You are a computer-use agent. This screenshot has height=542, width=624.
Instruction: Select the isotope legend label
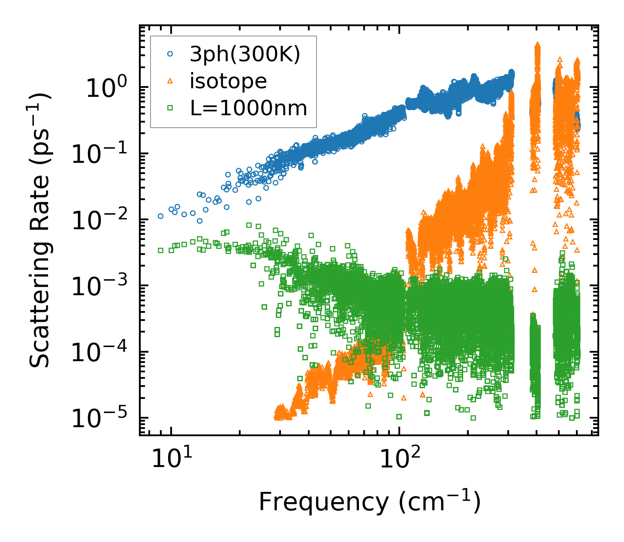click(228, 81)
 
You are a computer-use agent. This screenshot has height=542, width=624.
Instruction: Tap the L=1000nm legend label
click(249, 108)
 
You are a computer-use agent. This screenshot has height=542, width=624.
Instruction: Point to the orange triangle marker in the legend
click(170, 81)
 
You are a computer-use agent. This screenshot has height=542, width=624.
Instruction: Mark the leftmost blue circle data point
click(160, 216)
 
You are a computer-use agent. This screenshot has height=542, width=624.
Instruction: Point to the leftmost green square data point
click(160, 250)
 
